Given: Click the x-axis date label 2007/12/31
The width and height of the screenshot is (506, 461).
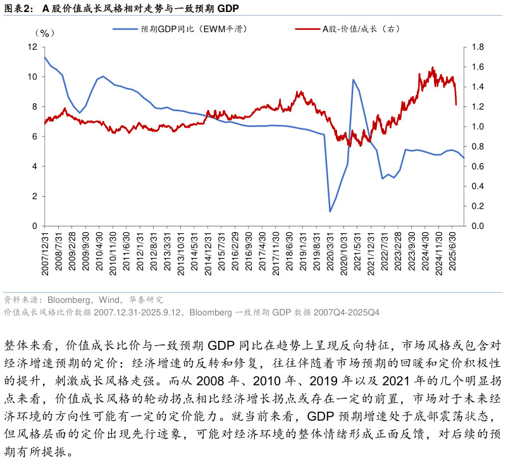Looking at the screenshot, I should (x=45, y=252).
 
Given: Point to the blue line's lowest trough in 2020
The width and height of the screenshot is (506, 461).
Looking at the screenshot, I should (x=330, y=211).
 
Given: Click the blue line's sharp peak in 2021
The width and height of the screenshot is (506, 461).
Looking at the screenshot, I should (x=353, y=80).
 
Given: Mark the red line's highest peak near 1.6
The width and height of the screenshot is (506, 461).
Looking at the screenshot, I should (x=433, y=68).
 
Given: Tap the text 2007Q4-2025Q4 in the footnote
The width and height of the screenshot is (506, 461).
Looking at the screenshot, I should (x=348, y=312).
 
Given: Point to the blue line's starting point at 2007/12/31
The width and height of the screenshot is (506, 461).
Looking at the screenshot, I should (x=45, y=57).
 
